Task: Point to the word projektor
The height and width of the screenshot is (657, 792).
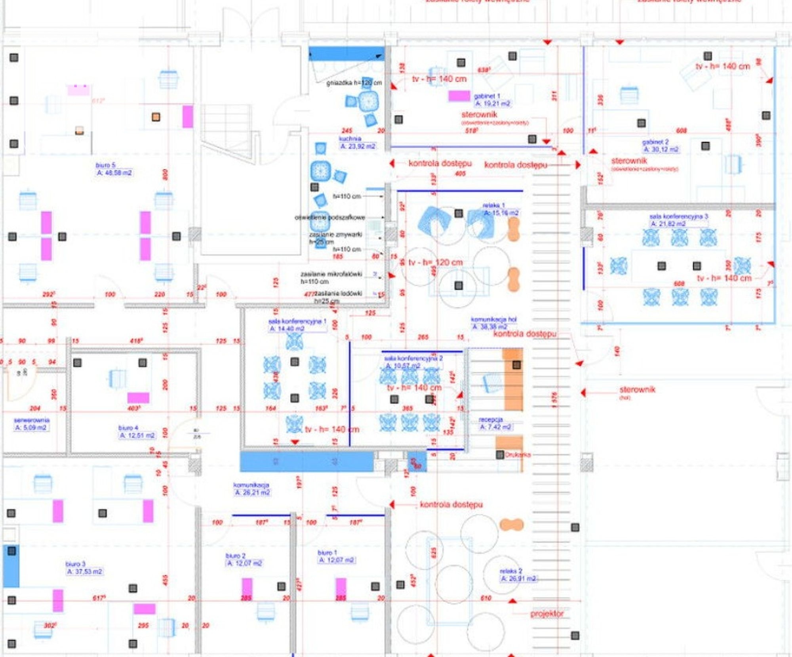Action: [547, 614]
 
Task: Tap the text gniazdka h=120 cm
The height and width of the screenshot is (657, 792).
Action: [354, 83]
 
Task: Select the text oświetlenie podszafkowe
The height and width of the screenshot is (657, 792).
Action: [330, 218]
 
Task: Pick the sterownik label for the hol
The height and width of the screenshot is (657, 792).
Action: [637, 390]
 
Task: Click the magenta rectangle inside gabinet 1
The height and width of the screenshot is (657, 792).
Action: [459, 96]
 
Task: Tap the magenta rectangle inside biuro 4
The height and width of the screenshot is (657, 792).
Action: [138, 398]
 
